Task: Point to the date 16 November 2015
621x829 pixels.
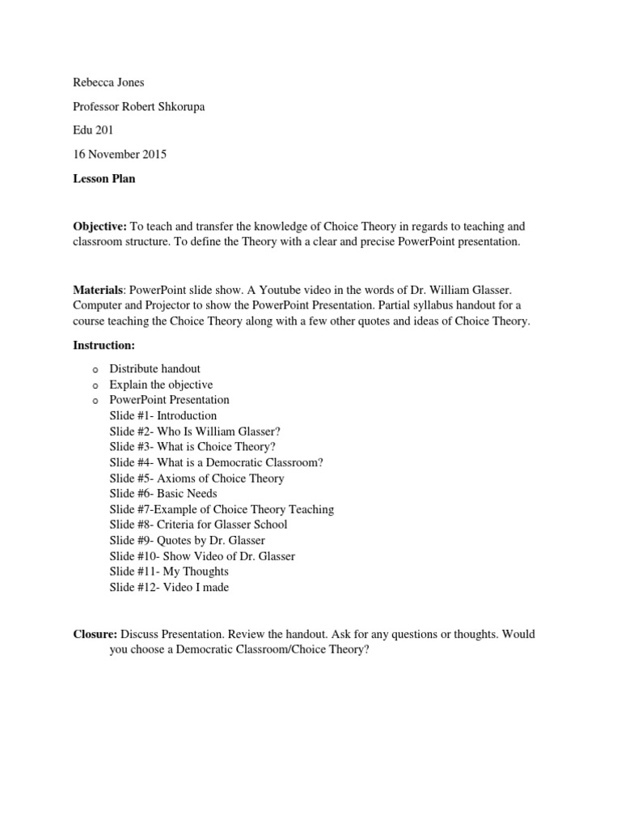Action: [120, 155]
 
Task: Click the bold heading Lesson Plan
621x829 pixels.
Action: [104, 179]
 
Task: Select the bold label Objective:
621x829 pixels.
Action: [100, 227]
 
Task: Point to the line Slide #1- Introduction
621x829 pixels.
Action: [163, 415]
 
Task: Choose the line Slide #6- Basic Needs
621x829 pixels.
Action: [163, 493]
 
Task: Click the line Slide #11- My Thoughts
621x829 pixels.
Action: [169, 572]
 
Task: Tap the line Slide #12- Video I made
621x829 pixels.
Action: [169, 587]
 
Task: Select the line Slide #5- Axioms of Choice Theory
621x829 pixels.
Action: [197, 478]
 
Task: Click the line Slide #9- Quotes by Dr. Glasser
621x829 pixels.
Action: [188, 540]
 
